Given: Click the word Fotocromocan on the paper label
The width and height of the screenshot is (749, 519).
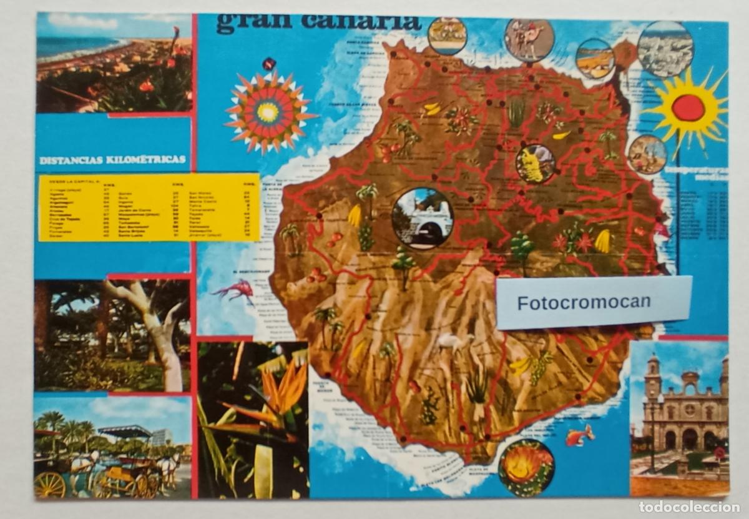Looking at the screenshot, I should (x=584, y=302).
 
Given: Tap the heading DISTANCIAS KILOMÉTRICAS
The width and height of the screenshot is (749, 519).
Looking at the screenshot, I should (x=112, y=160).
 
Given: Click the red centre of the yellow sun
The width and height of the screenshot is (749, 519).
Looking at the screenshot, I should (x=688, y=108).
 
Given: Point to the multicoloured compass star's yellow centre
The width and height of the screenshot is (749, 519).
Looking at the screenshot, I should (x=268, y=112).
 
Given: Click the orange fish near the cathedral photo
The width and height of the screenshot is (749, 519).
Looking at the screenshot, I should (x=579, y=435).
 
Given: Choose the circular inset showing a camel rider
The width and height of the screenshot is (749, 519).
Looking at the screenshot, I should (x=529, y=40).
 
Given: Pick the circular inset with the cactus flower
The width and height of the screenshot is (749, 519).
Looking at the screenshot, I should (x=526, y=467).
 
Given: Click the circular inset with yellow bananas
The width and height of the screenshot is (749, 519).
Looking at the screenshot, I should (x=535, y=164).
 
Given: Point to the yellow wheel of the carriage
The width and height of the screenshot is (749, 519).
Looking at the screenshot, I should (x=50, y=485).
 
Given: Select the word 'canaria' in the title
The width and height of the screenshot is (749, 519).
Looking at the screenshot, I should (x=361, y=22).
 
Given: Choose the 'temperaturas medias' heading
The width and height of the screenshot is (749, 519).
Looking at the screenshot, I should (x=695, y=173).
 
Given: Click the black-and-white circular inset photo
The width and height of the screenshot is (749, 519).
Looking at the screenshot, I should (x=665, y=49).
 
